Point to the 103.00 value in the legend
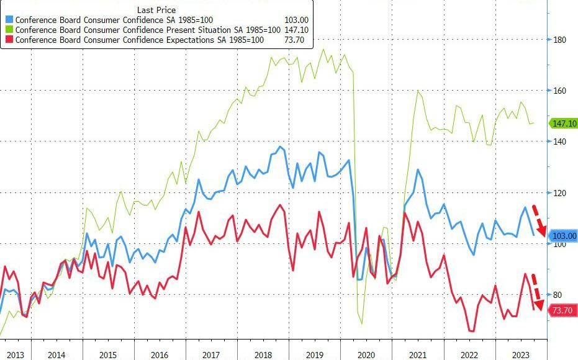[297, 20]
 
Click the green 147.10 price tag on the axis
[564, 124]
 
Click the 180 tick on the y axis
[560, 40]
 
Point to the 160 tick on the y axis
[560, 91]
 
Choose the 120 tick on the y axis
[560, 193]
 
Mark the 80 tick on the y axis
[560, 295]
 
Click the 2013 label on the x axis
[15, 354]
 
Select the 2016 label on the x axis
[160, 354]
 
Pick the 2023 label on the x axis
[520, 354]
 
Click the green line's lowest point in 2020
[362, 323]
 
